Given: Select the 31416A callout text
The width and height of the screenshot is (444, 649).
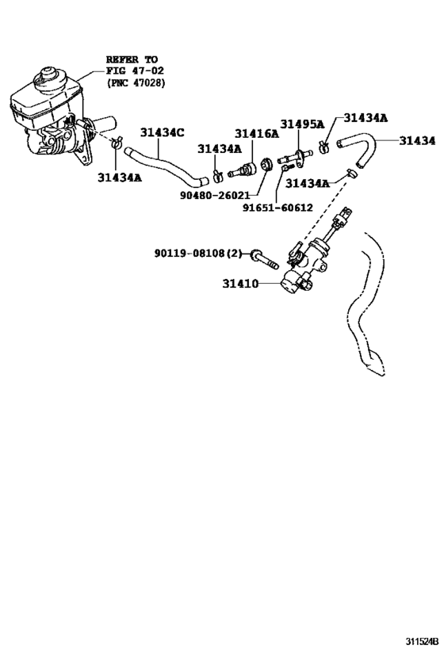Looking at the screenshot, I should coord(256,133).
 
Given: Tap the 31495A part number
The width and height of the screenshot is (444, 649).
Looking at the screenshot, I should coord(302,124).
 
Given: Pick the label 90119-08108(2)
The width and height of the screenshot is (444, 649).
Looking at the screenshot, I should coord(197,254).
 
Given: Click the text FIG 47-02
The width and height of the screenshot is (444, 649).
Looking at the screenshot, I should coord(132,71).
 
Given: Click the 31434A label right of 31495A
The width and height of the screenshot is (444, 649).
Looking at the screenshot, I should coord(366,118).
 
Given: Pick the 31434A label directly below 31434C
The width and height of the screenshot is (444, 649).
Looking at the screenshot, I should coord(220,148).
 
